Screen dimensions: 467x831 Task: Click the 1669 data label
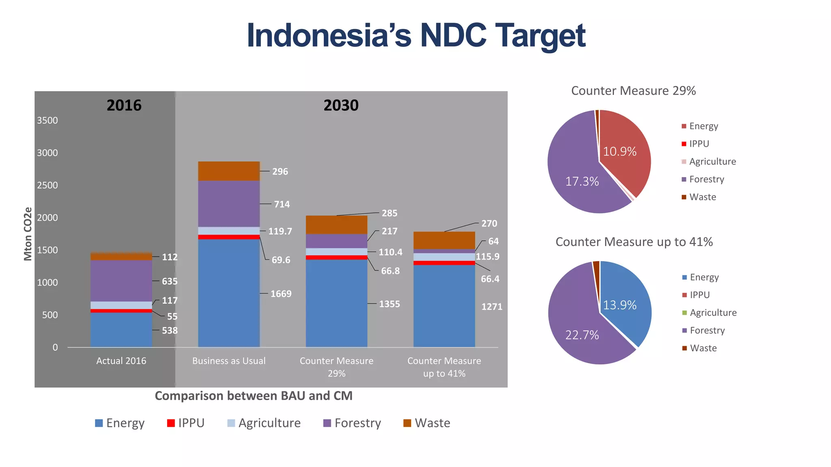281,294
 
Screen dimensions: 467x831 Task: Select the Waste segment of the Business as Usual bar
229,171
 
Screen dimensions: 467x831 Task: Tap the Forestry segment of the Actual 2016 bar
121,281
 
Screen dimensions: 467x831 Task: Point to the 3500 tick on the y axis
47,120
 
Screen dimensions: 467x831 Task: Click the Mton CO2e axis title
28,234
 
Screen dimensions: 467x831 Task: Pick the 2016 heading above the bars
124,105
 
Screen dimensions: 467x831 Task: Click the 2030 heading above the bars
341,105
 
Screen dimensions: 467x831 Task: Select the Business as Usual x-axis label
229,361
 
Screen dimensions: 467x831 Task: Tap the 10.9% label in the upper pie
620,152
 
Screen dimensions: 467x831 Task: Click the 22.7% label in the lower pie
582,335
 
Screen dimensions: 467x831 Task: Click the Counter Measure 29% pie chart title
633,91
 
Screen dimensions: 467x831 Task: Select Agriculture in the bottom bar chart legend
269,423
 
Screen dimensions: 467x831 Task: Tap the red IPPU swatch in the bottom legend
171,423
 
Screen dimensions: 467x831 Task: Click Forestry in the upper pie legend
706,179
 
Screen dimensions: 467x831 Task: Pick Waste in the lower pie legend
703,348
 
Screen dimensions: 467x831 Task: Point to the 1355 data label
389,304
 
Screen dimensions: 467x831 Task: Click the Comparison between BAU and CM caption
254,396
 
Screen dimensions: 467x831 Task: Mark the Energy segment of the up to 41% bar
444,306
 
